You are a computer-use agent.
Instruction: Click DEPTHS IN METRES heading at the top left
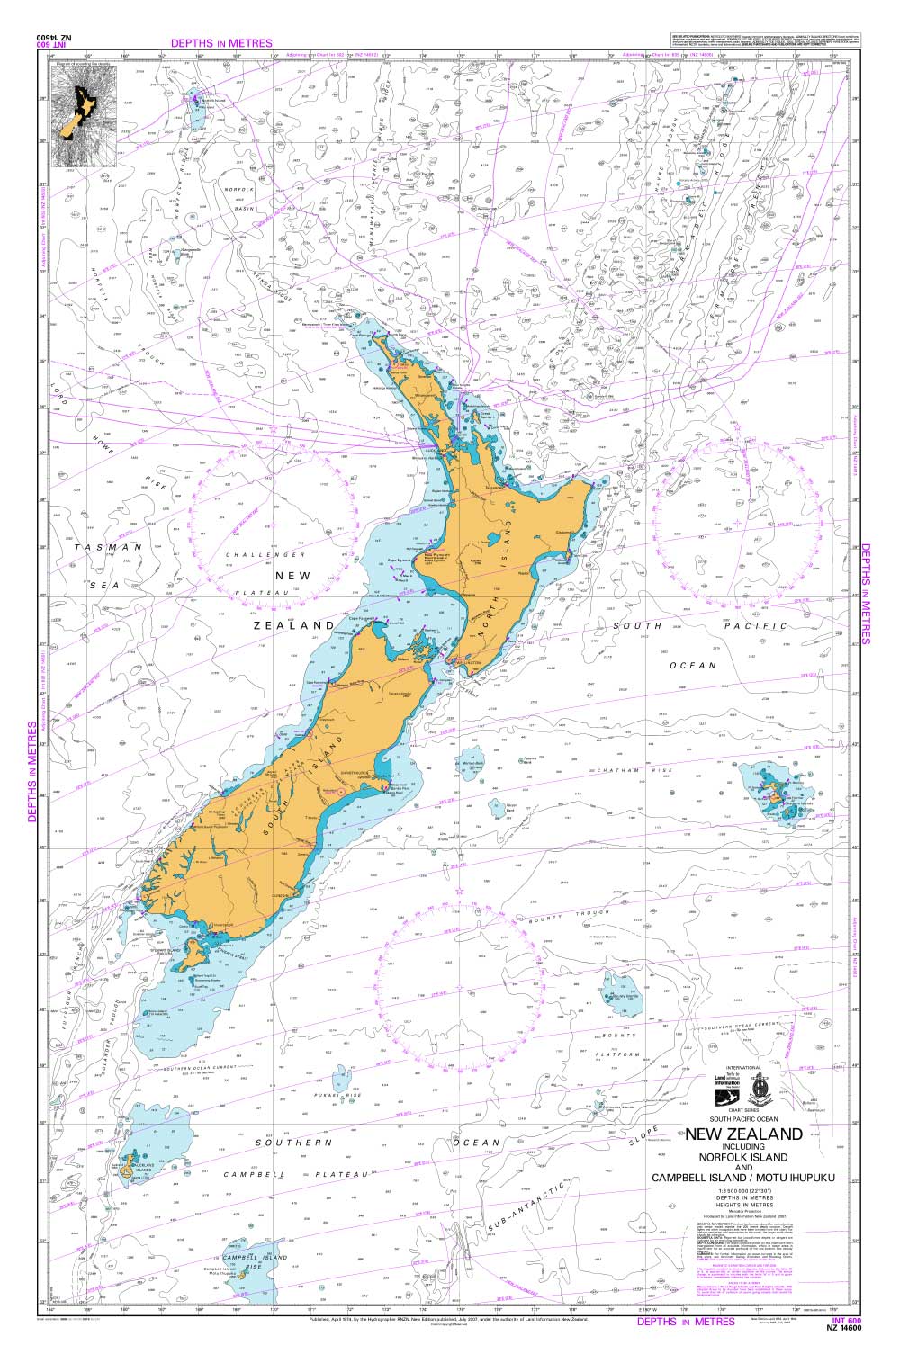[220, 42]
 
